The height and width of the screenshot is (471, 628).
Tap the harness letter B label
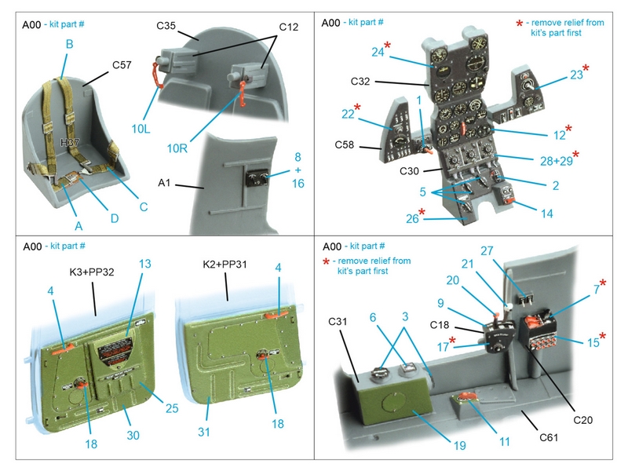[69, 45]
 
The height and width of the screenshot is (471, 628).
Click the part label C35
[165, 25]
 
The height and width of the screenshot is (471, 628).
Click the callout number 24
[378, 52]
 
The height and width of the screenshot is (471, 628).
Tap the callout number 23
[577, 75]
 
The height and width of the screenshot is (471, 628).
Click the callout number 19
[458, 445]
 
